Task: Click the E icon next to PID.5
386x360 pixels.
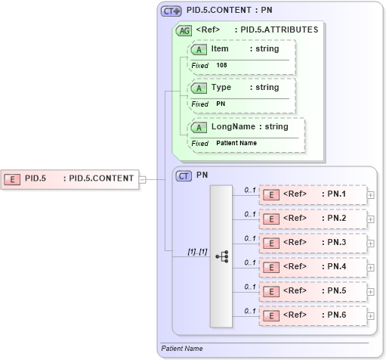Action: tap(13, 179)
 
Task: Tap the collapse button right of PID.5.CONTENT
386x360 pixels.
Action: tap(142, 179)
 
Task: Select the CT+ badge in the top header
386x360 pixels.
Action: tap(171, 11)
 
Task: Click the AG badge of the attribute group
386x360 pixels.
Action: tap(183, 30)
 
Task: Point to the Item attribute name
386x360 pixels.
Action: tap(220, 49)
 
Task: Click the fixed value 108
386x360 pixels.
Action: tap(221, 66)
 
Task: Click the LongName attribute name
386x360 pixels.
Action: tap(232, 126)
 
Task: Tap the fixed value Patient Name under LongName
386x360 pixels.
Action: tap(236, 143)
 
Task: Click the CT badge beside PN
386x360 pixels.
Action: tap(184, 175)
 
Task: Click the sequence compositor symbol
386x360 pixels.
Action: tap(221, 256)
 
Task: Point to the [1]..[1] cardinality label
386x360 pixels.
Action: tap(198, 251)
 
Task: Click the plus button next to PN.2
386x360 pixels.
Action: tap(370, 219)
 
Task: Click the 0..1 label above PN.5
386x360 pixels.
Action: tap(250, 286)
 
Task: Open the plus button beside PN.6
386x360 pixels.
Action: tap(370, 315)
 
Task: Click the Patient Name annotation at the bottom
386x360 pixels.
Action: tap(182, 349)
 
